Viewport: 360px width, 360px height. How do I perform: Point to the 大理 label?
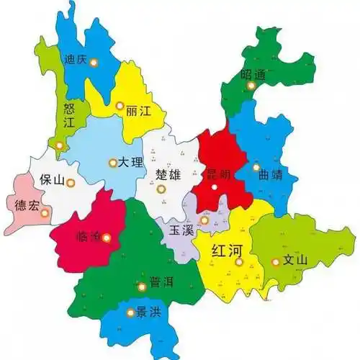[132, 163]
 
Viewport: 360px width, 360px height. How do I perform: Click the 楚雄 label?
[168, 176]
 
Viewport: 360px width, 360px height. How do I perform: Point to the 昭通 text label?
[254, 74]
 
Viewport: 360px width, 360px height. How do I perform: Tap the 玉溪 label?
[181, 231]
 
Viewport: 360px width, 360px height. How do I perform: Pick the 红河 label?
[228, 251]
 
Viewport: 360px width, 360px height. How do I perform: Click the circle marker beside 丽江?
[120, 106]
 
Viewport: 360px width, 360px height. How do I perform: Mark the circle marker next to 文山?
[275, 262]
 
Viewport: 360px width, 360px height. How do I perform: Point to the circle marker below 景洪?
[130, 313]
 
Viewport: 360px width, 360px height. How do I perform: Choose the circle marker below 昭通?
[251, 86]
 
